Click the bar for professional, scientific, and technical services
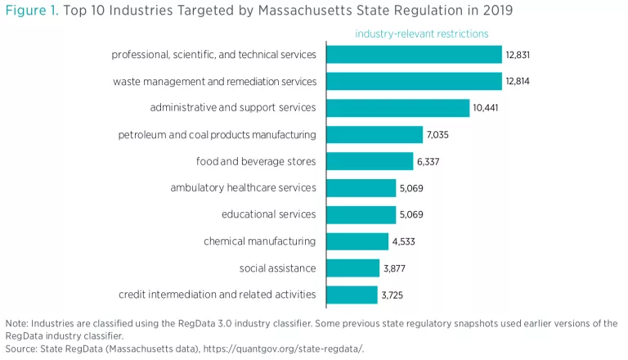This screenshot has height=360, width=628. click(x=414, y=54)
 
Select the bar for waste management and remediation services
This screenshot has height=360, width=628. click(x=414, y=81)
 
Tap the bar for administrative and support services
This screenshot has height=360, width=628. click(x=398, y=108)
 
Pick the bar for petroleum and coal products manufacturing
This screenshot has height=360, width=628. click(x=375, y=134)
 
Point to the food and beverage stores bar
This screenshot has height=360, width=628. click(x=370, y=161)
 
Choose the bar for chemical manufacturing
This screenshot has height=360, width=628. click(x=357, y=241)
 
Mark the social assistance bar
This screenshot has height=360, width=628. click(x=352, y=268)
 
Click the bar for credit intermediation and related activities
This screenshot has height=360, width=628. click(x=352, y=295)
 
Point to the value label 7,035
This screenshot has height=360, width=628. click(x=440, y=135)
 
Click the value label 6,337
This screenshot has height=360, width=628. click(x=428, y=161)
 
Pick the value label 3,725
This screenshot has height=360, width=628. click(x=392, y=295)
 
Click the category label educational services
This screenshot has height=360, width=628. click(x=268, y=214)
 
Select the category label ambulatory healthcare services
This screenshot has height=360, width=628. click(x=243, y=188)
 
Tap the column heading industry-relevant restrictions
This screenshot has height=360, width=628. click(x=421, y=34)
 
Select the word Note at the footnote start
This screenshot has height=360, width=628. click(x=17, y=323)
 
